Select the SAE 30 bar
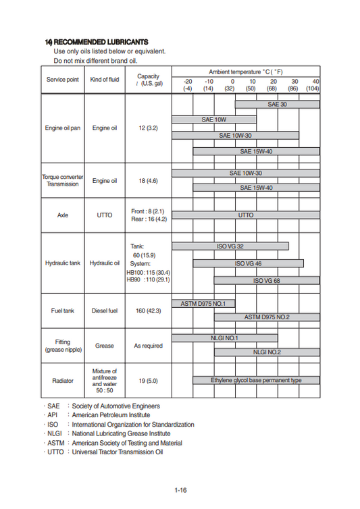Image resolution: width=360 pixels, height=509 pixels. [277, 105]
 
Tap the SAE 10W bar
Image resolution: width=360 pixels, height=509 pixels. [214, 119]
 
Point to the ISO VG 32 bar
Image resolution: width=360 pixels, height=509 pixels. [230, 246]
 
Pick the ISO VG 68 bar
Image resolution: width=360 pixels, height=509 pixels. [267, 280]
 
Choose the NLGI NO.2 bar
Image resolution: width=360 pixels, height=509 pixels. [267, 352]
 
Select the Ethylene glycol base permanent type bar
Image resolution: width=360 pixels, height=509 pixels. [256, 380]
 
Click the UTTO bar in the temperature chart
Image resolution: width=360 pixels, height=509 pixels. [246, 215]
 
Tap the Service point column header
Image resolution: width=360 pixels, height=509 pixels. [63, 80]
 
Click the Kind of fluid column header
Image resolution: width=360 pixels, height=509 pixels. [105, 80]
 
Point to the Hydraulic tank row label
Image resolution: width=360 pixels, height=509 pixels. [63, 263]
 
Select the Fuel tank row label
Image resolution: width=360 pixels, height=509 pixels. [63, 311]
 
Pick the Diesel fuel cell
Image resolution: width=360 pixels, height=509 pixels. [105, 311]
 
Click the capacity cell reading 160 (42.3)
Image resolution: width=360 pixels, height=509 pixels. [148, 311]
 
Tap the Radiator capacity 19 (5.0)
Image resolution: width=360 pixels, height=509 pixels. [148, 381]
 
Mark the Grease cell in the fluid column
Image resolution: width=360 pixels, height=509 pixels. [105, 346]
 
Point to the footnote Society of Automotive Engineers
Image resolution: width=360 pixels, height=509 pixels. [115, 406]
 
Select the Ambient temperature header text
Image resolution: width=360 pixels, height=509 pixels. [245, 71]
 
